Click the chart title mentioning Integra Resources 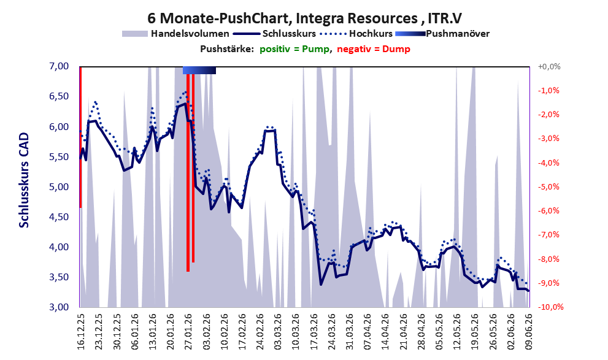pos(304,18)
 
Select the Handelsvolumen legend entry pos(175,34)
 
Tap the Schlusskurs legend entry pos(274,34)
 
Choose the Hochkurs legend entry pos(356,34)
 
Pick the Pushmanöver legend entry pos(442,34)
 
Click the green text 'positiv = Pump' pos(294,49)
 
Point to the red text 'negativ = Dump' pos(374,49)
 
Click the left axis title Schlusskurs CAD pos(24,180)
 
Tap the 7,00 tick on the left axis pos(59,66)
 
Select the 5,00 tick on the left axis pos(59,187)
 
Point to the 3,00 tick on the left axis pos(59,307)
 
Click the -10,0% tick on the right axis pos(550,307)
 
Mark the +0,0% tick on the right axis pos(549,67)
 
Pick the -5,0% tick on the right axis pos(548,187)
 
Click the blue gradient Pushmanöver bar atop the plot pos(199,70)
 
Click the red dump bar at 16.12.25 pos(80,137)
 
